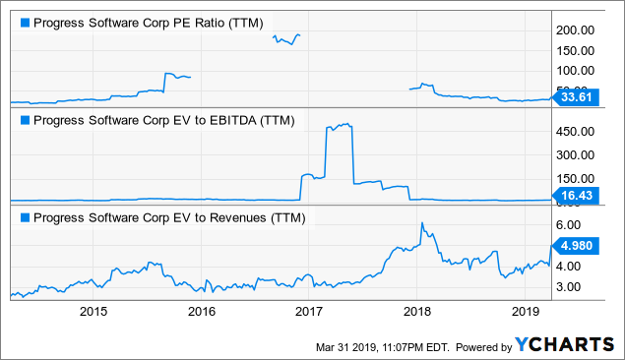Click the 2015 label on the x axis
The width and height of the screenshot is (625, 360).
(x=94, y=311)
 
